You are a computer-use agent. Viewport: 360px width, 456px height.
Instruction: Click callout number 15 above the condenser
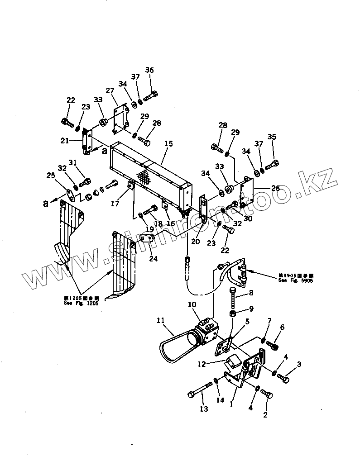(x=168, y=144)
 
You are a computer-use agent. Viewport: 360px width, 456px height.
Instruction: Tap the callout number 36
(x=149, y=70)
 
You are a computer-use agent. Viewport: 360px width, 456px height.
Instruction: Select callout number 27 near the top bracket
(x=109, y=91)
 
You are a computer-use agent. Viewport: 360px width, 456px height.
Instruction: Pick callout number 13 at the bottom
(x=204, y=409)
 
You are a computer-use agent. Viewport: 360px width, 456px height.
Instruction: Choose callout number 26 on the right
(x=288, y=188)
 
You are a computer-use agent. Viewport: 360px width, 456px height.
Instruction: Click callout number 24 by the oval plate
(x=153, y=259)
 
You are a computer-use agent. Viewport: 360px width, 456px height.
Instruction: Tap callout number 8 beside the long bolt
(x=250, y=293)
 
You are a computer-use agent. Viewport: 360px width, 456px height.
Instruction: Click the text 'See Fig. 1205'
(x=81, y=303)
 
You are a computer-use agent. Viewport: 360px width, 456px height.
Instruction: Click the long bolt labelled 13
(x=200, y=389)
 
